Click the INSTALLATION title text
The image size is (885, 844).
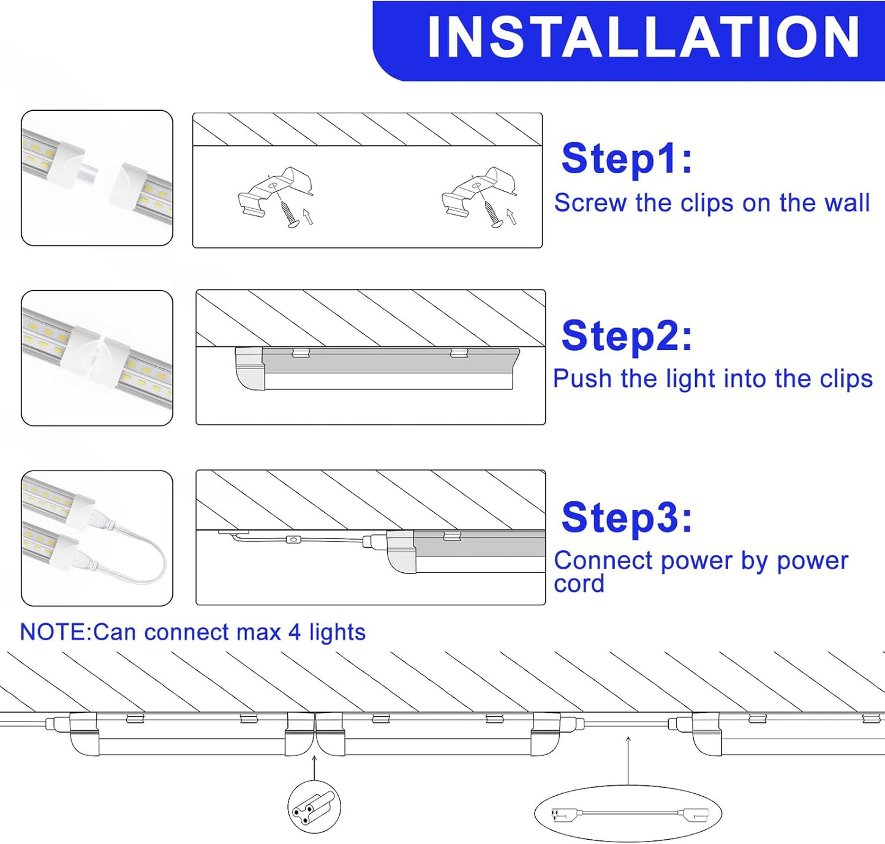[x=643, y=38]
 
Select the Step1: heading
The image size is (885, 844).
[x=627, y=159]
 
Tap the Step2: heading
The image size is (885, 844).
[x=627, y=336]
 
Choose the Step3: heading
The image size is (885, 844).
[x=627, y=518]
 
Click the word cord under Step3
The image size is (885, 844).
[x=579, y=584]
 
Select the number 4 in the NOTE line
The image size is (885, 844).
[x=295, y=632]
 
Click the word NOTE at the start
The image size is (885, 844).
[x=55, y=632]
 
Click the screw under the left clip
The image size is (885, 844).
[x=288, y=214]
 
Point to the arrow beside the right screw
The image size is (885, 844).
[x=511, y=216]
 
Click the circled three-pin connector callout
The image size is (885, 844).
[x=314, y=807]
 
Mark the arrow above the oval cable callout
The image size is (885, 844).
[x=628, y=759]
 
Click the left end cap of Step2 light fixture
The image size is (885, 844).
[x=250, y=369]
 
